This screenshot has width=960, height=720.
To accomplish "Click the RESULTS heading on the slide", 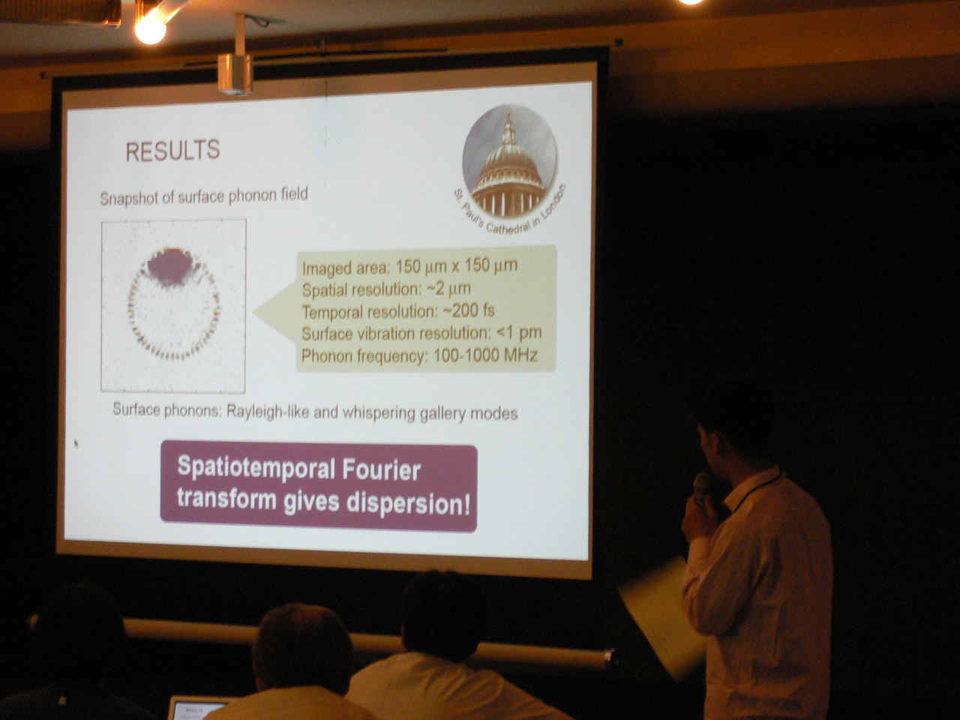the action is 172,151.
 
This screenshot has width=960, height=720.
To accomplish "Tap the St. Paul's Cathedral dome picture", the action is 509,161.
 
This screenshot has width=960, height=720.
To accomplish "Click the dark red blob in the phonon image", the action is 171,267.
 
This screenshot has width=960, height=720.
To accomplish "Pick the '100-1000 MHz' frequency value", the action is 485,355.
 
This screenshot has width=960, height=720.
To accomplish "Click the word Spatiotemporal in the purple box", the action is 256,469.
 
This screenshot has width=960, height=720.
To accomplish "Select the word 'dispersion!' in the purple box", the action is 409,503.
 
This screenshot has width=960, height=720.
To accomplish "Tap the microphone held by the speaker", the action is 700,486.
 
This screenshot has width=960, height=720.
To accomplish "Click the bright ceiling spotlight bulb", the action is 150,31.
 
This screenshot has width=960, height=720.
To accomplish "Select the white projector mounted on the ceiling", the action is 235,73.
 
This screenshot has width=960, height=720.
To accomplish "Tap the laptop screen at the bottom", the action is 196,709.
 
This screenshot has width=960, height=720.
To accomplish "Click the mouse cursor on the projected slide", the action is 76,443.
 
